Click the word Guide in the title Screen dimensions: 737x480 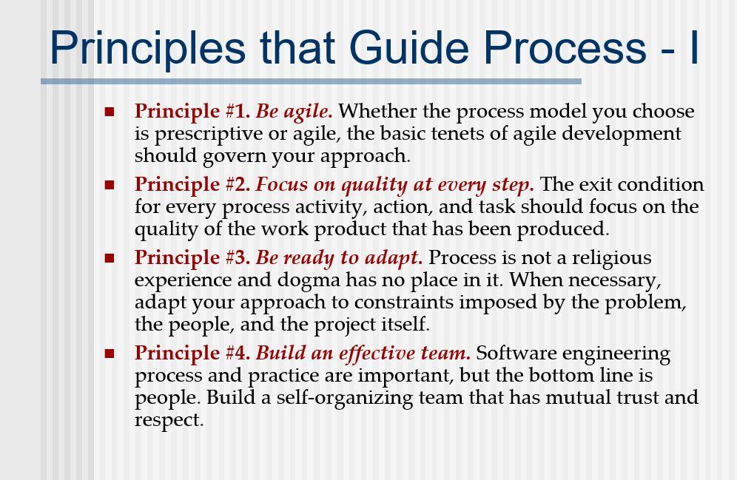tap(408, 47)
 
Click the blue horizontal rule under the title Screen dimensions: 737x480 tap(312, 81)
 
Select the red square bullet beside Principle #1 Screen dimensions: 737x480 tap(110, 112)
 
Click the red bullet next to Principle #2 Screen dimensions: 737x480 tap(110, 185)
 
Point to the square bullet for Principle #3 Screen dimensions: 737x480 tap(110, 258)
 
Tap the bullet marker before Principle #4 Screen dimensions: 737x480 tap(110, 354)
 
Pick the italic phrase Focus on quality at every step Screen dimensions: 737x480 tap(395, 185)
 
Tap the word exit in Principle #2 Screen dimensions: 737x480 tap(593, 184)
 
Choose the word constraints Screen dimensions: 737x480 tap(404, 302)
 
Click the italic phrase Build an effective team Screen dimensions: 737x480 tap(363, 353)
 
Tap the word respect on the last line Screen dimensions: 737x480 tap(169, 420)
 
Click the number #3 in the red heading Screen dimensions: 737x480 tap(238, 257)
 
